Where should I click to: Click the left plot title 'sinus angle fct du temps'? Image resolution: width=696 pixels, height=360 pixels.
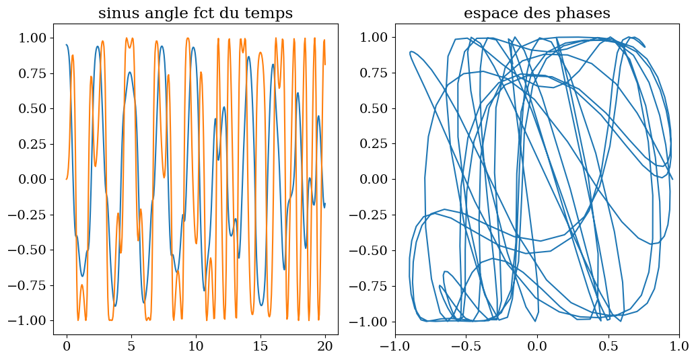195,13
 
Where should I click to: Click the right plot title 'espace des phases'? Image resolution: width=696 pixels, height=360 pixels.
536,13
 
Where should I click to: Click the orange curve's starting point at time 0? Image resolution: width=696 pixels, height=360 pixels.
67,179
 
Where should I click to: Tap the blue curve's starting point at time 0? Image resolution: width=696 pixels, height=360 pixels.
67,45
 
